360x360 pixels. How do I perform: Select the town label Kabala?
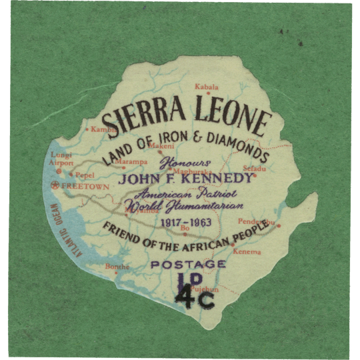pyautogui.click(x=206, y=87)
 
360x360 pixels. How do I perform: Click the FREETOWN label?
pyautogui.click(x=89, y=187)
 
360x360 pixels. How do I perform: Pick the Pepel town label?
pyautogui.click(x=85, y=175)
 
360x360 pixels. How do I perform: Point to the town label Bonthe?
pyautogui.click(x=117, y=266)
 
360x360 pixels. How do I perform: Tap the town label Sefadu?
pyautogui.click(x=254, y=169)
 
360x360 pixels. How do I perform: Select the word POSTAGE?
pyautogui.click(x=187, y=265)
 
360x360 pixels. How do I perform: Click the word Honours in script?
pyautogui.click(x=185, y=163)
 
